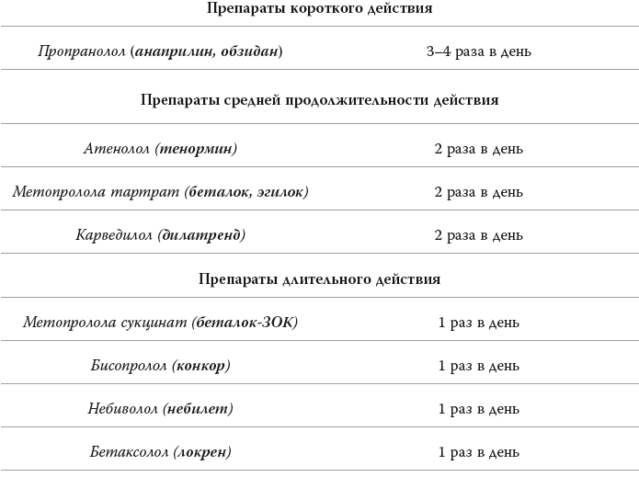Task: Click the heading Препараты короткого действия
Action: [319, 8]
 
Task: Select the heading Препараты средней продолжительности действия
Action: [319, 99]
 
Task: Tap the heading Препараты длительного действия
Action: [319, 278]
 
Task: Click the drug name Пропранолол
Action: [82, 51]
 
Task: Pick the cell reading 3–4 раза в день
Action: [478, 51]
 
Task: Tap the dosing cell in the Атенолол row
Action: [478, 148]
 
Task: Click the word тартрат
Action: [147, 192]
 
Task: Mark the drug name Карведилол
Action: [115, 235]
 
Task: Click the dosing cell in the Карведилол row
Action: [478, 235]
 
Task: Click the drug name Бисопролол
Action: [129, 366]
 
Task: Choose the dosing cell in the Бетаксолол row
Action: [478, 452]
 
